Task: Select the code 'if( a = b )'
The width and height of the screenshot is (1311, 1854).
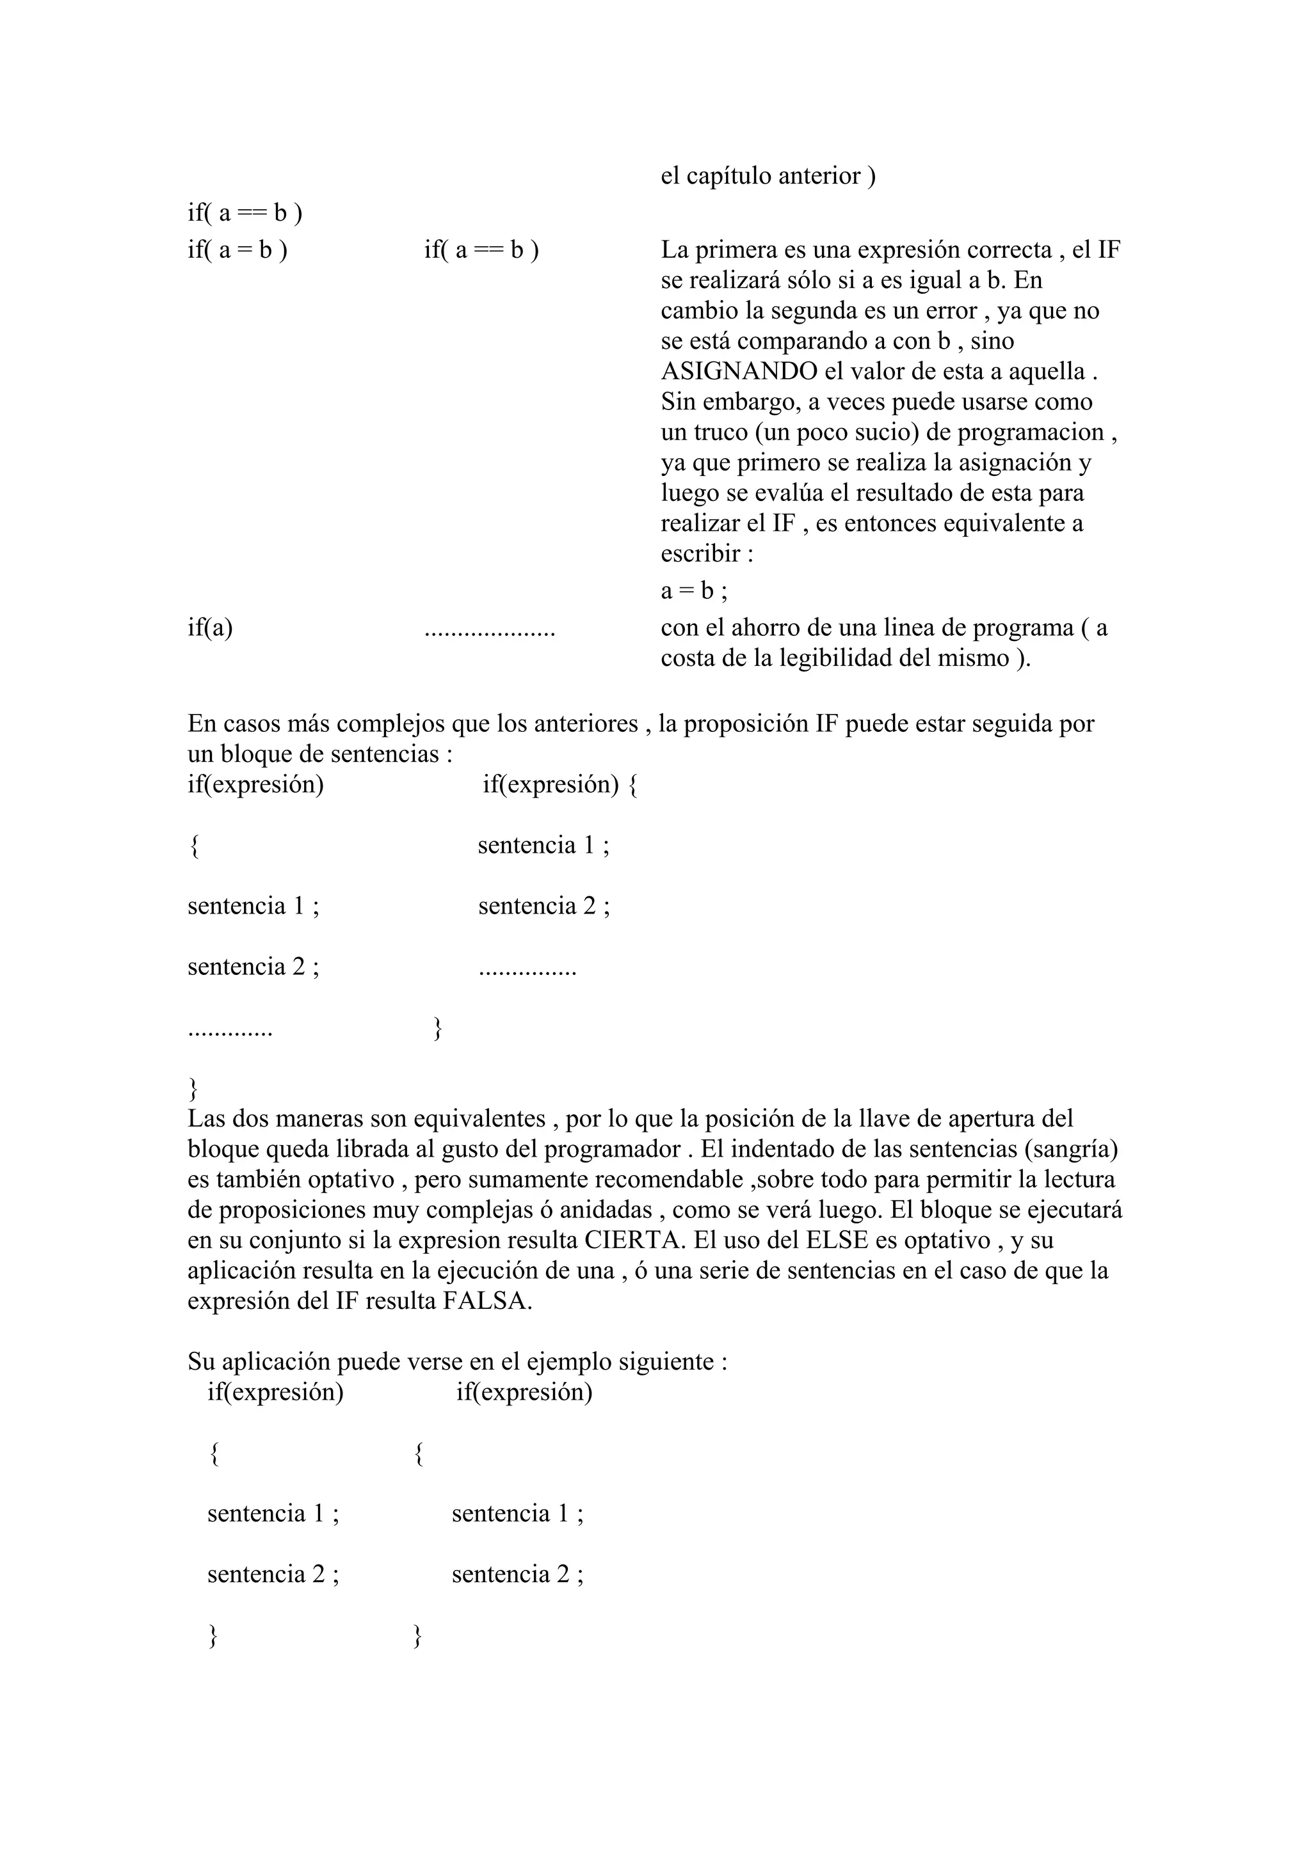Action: pos(237,250)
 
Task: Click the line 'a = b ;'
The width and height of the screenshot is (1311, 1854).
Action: pos(694,591)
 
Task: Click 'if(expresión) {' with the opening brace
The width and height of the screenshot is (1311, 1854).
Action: pos(559,784)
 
